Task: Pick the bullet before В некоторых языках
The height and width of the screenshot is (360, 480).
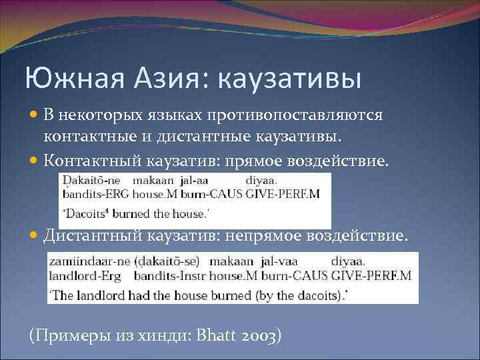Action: coord(35,115)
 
